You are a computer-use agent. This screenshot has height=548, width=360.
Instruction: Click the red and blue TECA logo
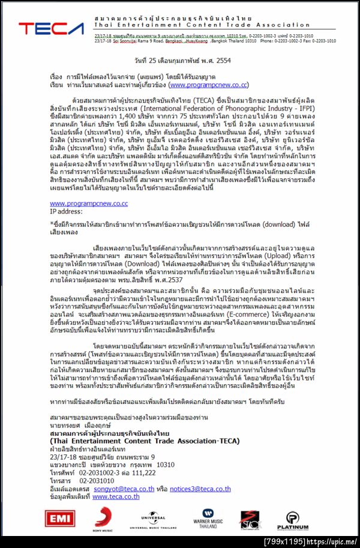click(x=51, y=28)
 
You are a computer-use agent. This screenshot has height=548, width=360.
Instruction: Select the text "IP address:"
click(x=66, y=211)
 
